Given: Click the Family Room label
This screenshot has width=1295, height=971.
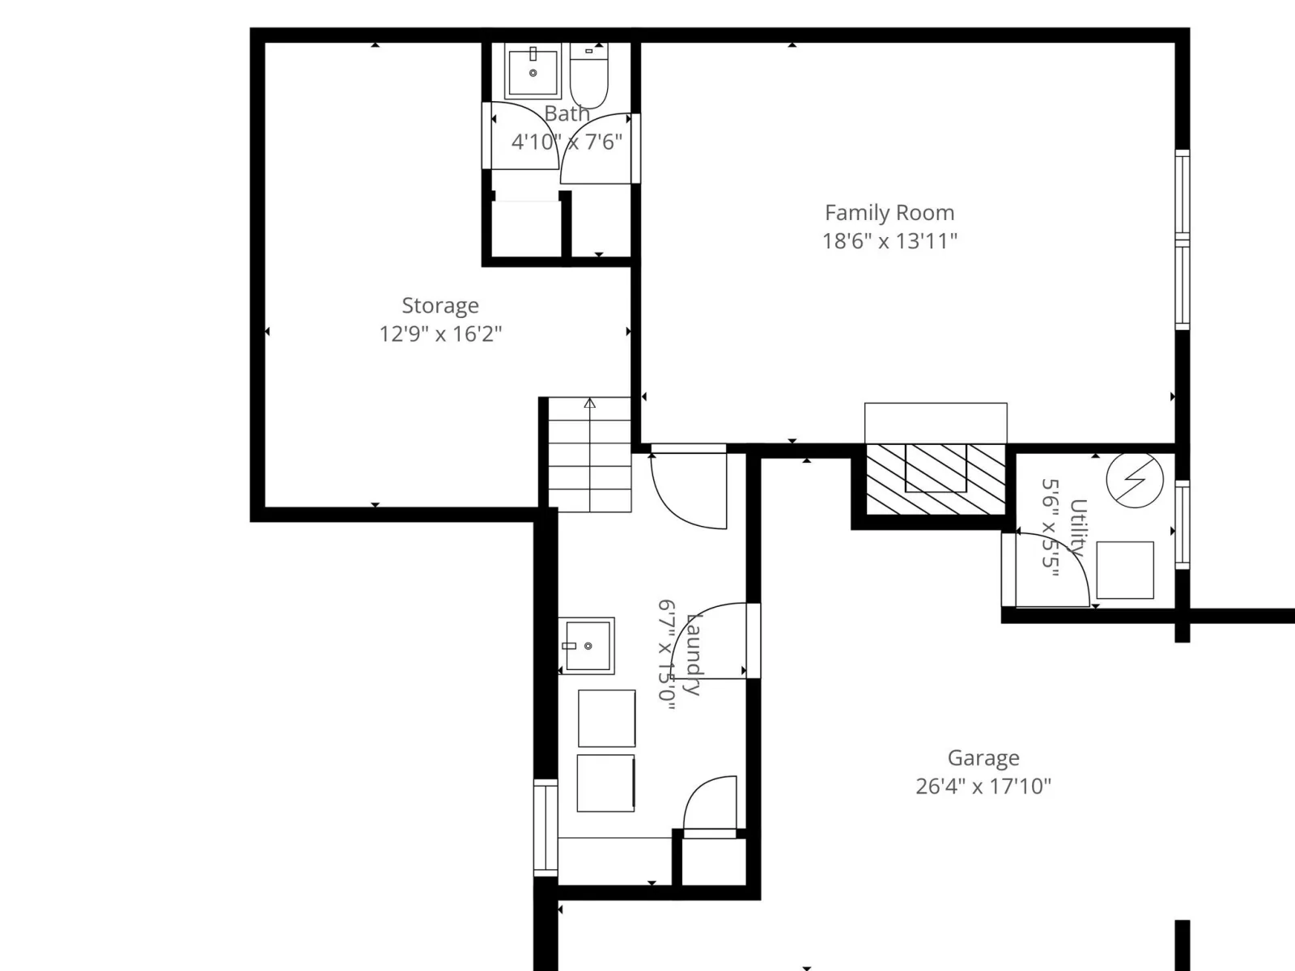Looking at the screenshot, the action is (x=889, y=213).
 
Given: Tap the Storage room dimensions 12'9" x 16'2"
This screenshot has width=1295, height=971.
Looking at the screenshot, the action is (x=440, y=334).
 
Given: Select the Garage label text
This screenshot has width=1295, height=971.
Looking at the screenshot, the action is (x=983, y=758).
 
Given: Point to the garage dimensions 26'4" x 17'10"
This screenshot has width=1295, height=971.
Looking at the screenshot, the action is (x=983, y=787).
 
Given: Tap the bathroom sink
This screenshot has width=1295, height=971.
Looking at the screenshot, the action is (x=533, y=71).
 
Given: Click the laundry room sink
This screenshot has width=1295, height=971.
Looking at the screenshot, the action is (x=587, y=646).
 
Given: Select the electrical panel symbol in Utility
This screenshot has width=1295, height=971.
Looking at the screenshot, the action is (x=1135, y=479).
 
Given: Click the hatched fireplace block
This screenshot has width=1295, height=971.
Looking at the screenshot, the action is (x=936, y=479).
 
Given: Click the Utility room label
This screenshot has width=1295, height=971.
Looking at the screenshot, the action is (x=1078, y=528).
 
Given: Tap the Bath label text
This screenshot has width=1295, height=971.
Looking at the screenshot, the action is (x=567, y=113).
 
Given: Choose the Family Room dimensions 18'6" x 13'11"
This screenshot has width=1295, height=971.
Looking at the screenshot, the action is (x=890, y=241).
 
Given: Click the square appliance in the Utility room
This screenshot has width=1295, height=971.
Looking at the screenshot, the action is (x=1125, y=570).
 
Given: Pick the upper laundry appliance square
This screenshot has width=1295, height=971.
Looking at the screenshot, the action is (x=606, y=719).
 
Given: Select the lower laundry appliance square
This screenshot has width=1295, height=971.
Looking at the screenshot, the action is (x=606, y=783).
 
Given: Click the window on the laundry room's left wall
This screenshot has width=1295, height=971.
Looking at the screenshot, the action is (x=546, y=828).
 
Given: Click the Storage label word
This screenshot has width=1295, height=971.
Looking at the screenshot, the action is (x=440, y=306).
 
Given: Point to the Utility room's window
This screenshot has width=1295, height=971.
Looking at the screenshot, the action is (x=1182, y=524).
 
